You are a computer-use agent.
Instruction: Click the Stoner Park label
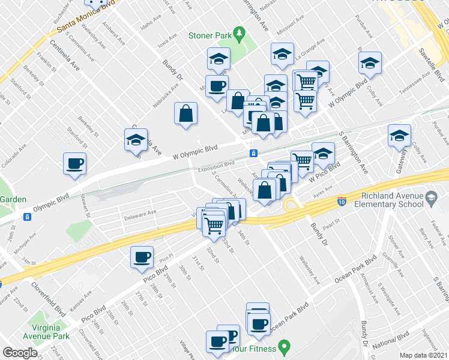(210, 36)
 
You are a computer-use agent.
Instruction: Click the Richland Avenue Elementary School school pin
(430, 197)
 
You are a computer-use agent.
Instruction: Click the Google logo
(20, 353)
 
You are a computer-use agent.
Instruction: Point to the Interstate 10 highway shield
(342, 200)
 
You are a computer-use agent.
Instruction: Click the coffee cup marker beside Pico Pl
(142, 257)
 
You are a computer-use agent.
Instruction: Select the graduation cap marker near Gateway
(399, 136)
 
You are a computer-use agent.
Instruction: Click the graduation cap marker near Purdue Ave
(370, 62)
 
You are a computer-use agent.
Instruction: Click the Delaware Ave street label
(139, 212)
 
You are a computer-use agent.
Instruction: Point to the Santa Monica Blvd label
(85, 22)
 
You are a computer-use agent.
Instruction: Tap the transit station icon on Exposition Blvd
(254, 153)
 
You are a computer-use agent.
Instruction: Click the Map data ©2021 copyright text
(424, 355)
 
